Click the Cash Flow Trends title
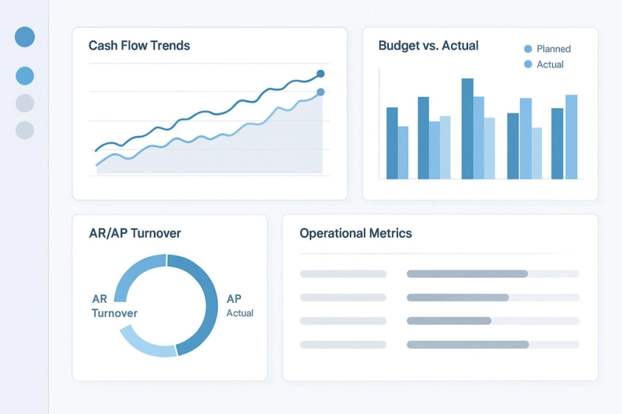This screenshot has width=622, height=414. pos(139,46)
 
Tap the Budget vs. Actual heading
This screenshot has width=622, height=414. pos(428,46)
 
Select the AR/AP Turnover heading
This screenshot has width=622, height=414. pos(135,233)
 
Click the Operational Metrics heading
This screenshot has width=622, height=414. pos(355,233)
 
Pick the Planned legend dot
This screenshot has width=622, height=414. pos(529,49)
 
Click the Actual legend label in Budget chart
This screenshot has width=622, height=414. pos(550,64)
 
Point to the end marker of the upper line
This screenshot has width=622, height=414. pos(320,75)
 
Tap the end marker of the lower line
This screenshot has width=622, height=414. pos(320,92)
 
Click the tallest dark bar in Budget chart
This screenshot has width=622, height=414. pos(467,128)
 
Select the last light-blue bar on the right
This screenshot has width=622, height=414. pos(571,137)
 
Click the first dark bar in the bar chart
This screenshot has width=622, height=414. pos(392,143)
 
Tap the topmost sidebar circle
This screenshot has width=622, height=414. pos(25,37)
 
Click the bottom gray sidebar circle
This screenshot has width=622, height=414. pos(25,130)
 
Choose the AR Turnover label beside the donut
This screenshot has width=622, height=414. pos(114,306)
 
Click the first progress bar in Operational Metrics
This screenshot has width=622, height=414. pos(466,273)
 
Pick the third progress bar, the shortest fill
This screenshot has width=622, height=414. pos(449,321)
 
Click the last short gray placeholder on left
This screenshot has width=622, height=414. pos(343,344)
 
